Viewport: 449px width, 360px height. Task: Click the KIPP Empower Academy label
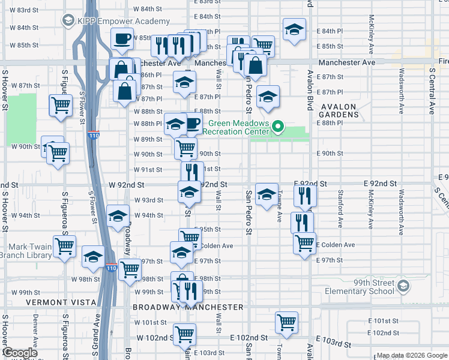click(x=112, y=20)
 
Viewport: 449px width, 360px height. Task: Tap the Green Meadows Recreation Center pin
click(x=277, y=127)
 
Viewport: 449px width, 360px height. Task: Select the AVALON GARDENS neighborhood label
click(x=339, y=107)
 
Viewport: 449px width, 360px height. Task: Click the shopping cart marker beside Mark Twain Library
click(x=64, y=245)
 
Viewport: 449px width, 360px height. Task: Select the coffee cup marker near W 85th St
click(x=122, y=38)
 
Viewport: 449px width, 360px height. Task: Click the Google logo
click(x=20, y=353)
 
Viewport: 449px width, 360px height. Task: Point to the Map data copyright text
click(x=411, y=356)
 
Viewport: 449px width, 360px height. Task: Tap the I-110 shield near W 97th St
click(x=111, y=266)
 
